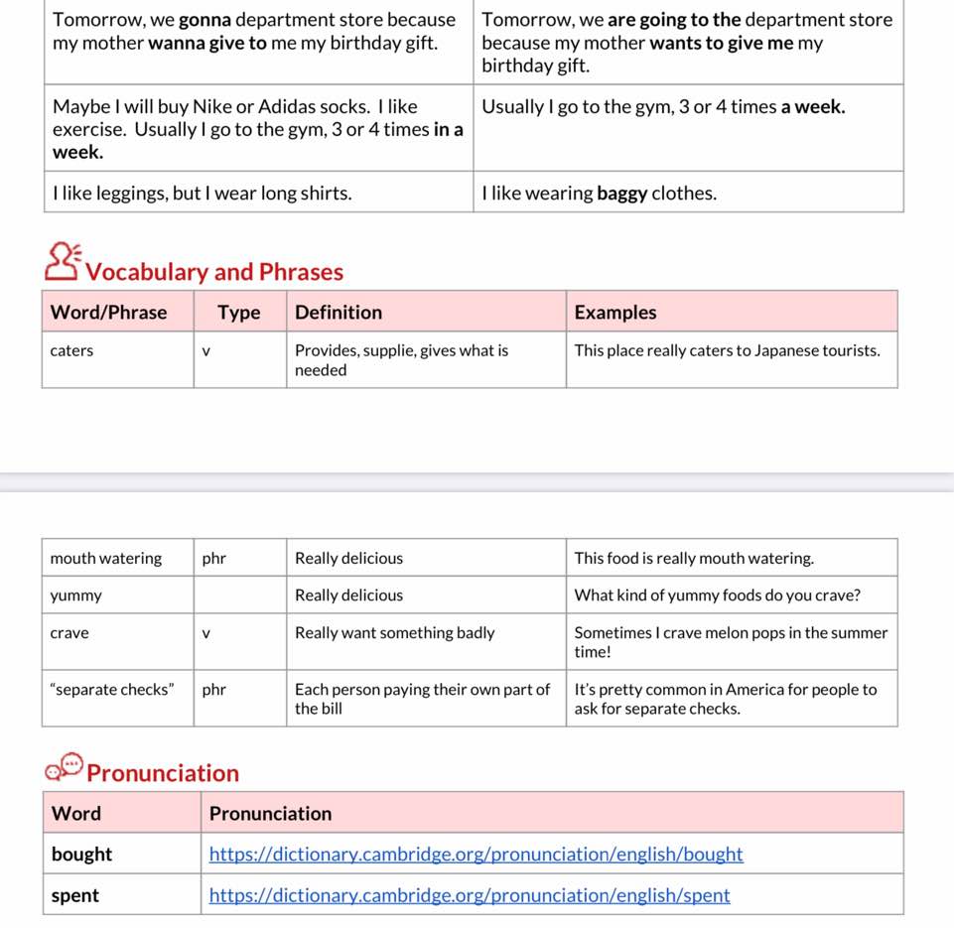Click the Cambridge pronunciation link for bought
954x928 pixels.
tap(476, 855)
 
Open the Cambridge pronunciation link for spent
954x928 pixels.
tap(470, 895)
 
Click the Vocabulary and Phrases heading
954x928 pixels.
tap(213, 272)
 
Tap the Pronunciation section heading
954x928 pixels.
tap(163, 773)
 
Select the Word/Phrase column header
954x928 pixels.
tap(108, 313)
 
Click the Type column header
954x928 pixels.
tap(238, 313)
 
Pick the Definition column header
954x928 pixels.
tap(339, 313)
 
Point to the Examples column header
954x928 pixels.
tap(615, 313)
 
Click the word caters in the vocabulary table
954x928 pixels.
tap(71, 350)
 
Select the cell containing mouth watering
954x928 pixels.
tap(106, 558)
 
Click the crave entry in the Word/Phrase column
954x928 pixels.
tap(69, 633)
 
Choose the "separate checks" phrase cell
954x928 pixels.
tap(112, 689)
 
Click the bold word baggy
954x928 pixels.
tap(621, 194)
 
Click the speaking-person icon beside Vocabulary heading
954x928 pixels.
tap(63, 261)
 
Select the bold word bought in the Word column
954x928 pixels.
tap(81, 855)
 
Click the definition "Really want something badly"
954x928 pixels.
tap(394, 633)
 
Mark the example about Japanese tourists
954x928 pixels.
tap(727, 350)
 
